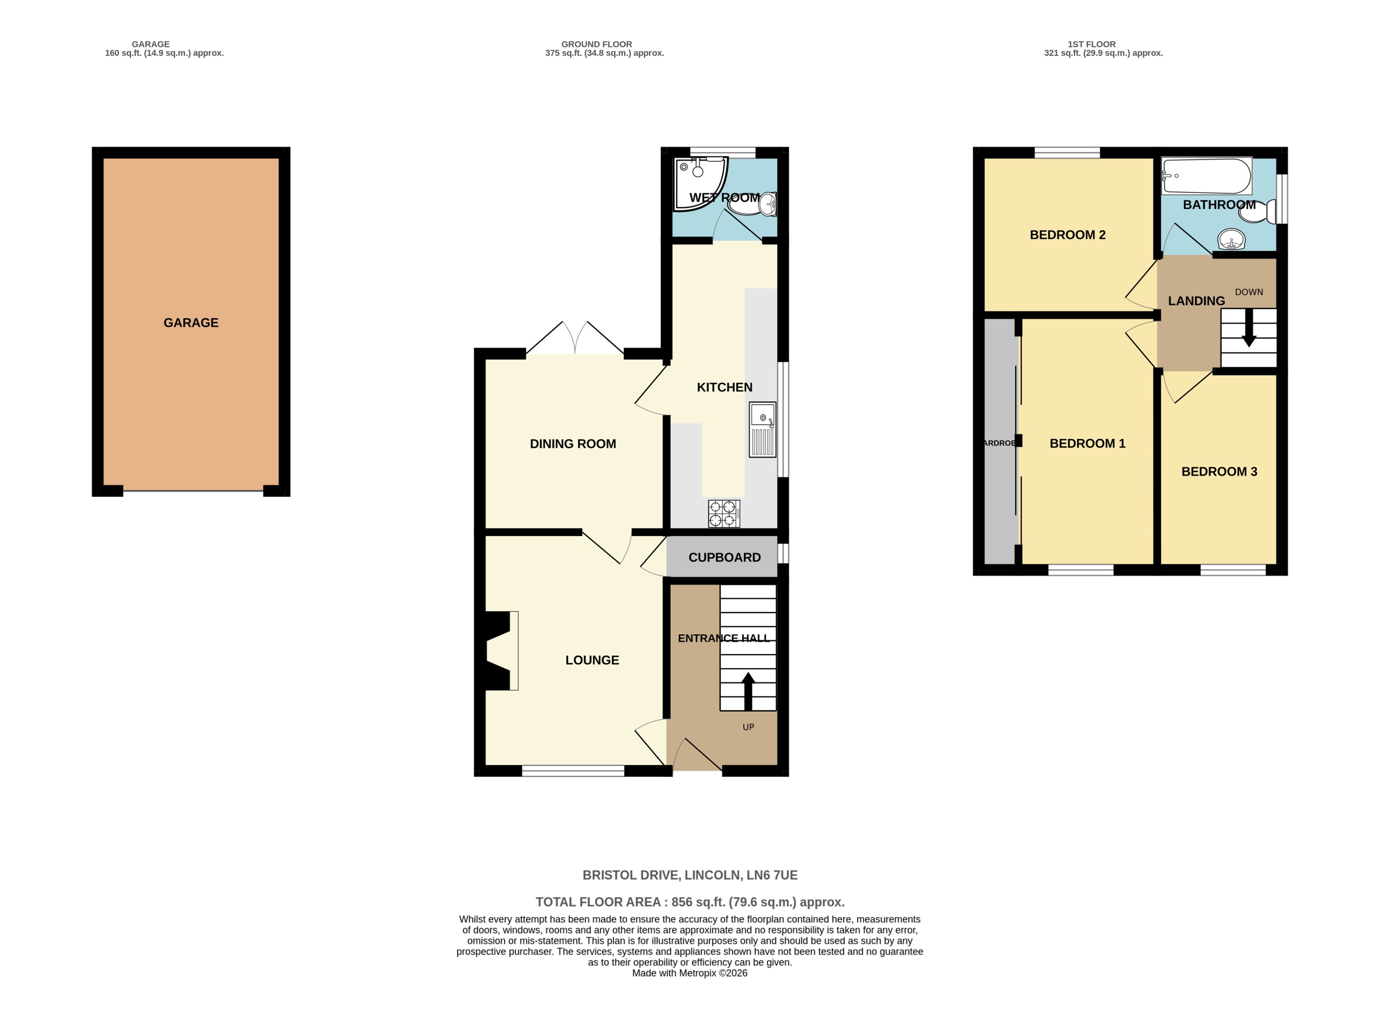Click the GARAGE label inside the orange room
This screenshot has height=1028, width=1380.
click(x=191, y=322)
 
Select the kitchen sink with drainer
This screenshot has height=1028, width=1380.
click(x=762, y=430)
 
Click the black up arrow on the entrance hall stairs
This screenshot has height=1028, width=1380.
click(x=748, y=691)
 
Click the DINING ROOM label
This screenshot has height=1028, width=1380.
click(x=573, y=444)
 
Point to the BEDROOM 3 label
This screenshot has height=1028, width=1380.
click(x=1219, y=472)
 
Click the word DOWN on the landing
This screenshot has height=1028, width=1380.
click(x=1249, y=292)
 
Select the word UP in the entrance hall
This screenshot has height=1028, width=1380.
click(x=748, y=727)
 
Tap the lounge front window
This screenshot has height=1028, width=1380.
click(x=573, y=771)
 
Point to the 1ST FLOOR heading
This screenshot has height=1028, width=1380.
click(x=1091, y=44)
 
